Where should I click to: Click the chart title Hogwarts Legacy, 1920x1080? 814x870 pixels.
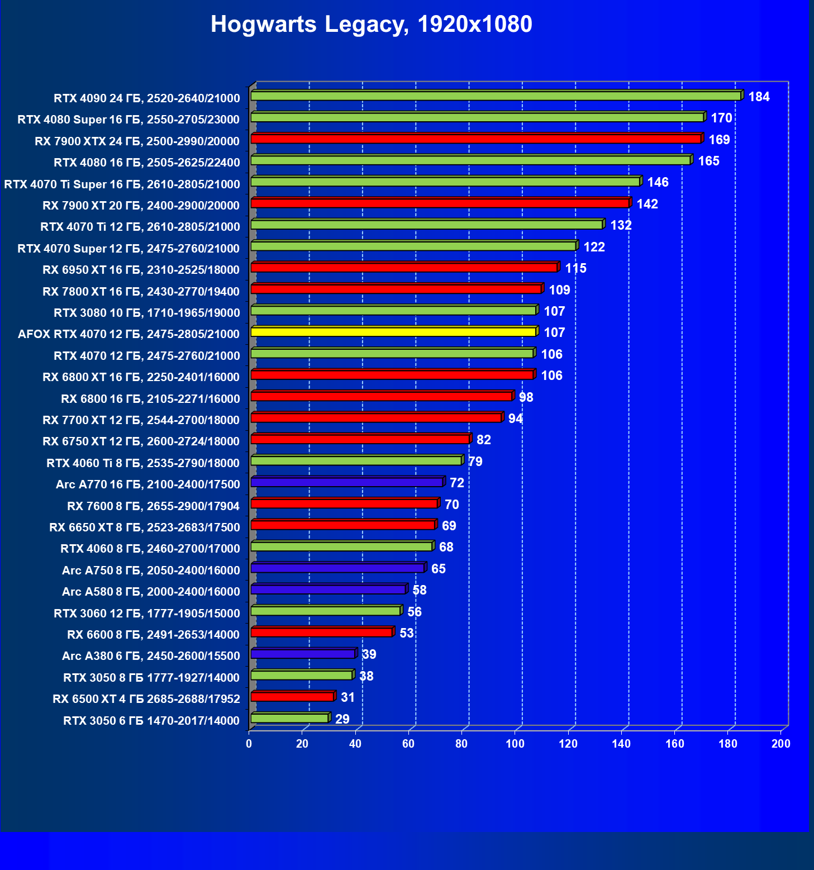(372, 25)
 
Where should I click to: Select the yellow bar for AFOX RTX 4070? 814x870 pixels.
(393, 332)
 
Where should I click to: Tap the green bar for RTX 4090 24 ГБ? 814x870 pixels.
(496, 96)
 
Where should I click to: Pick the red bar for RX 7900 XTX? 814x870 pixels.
(476, 139)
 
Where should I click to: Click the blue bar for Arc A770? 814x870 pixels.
(347, 482)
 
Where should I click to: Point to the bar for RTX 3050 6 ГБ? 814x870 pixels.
(289, 718)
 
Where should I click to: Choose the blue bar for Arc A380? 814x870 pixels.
(303, 654)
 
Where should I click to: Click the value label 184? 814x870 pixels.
(759, 97)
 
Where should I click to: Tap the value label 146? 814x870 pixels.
(658, 183)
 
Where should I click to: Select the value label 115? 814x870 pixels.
(575, 269)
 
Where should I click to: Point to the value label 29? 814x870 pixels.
(342, 719)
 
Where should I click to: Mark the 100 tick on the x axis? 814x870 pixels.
(515, 744)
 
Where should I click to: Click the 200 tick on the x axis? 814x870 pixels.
(780, 744)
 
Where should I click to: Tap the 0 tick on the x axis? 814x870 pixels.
(249, 744)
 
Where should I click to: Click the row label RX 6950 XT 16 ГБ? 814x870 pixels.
(141, 270)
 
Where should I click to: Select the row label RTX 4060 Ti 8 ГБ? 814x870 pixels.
(143, 463)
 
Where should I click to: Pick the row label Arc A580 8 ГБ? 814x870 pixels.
(151, 592)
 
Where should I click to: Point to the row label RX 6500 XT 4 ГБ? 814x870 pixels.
(146, 699)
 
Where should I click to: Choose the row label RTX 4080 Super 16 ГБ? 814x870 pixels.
(128, 120)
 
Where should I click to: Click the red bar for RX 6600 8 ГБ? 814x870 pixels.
(322, 632)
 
